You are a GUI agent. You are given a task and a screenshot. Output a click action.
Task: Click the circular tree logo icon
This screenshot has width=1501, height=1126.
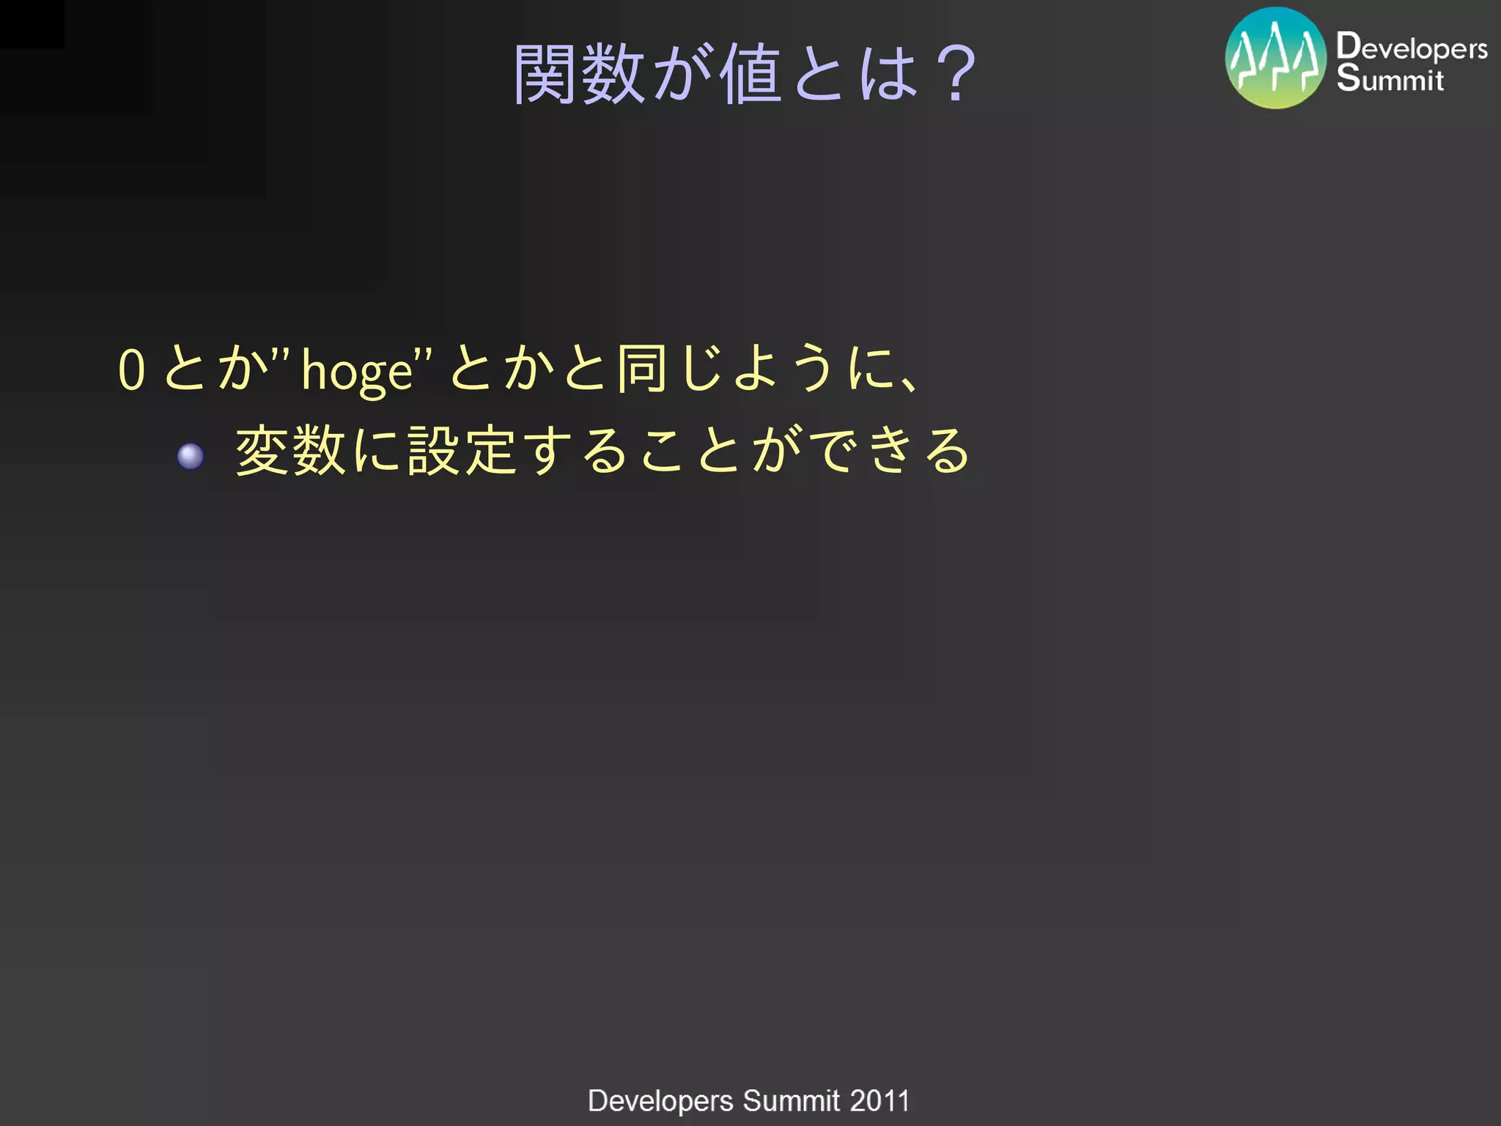1276,59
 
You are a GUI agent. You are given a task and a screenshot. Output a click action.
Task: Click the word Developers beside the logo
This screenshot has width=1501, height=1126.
1412,48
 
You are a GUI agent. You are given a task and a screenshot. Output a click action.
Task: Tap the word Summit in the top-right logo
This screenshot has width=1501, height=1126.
1390,78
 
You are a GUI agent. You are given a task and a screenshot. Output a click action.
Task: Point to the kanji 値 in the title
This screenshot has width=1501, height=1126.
750,74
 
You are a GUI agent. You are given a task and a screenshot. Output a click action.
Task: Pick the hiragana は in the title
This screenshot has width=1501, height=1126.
888,74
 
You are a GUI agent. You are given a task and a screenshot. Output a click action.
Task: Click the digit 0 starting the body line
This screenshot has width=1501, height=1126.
132,369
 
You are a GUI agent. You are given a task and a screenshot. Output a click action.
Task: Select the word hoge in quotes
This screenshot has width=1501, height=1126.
358,372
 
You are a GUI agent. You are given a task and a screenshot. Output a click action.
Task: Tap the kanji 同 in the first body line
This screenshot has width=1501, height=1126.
641,368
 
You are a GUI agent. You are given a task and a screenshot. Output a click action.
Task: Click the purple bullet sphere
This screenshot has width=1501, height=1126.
191,457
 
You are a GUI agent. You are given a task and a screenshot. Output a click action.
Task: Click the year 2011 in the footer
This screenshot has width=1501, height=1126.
879,1101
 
